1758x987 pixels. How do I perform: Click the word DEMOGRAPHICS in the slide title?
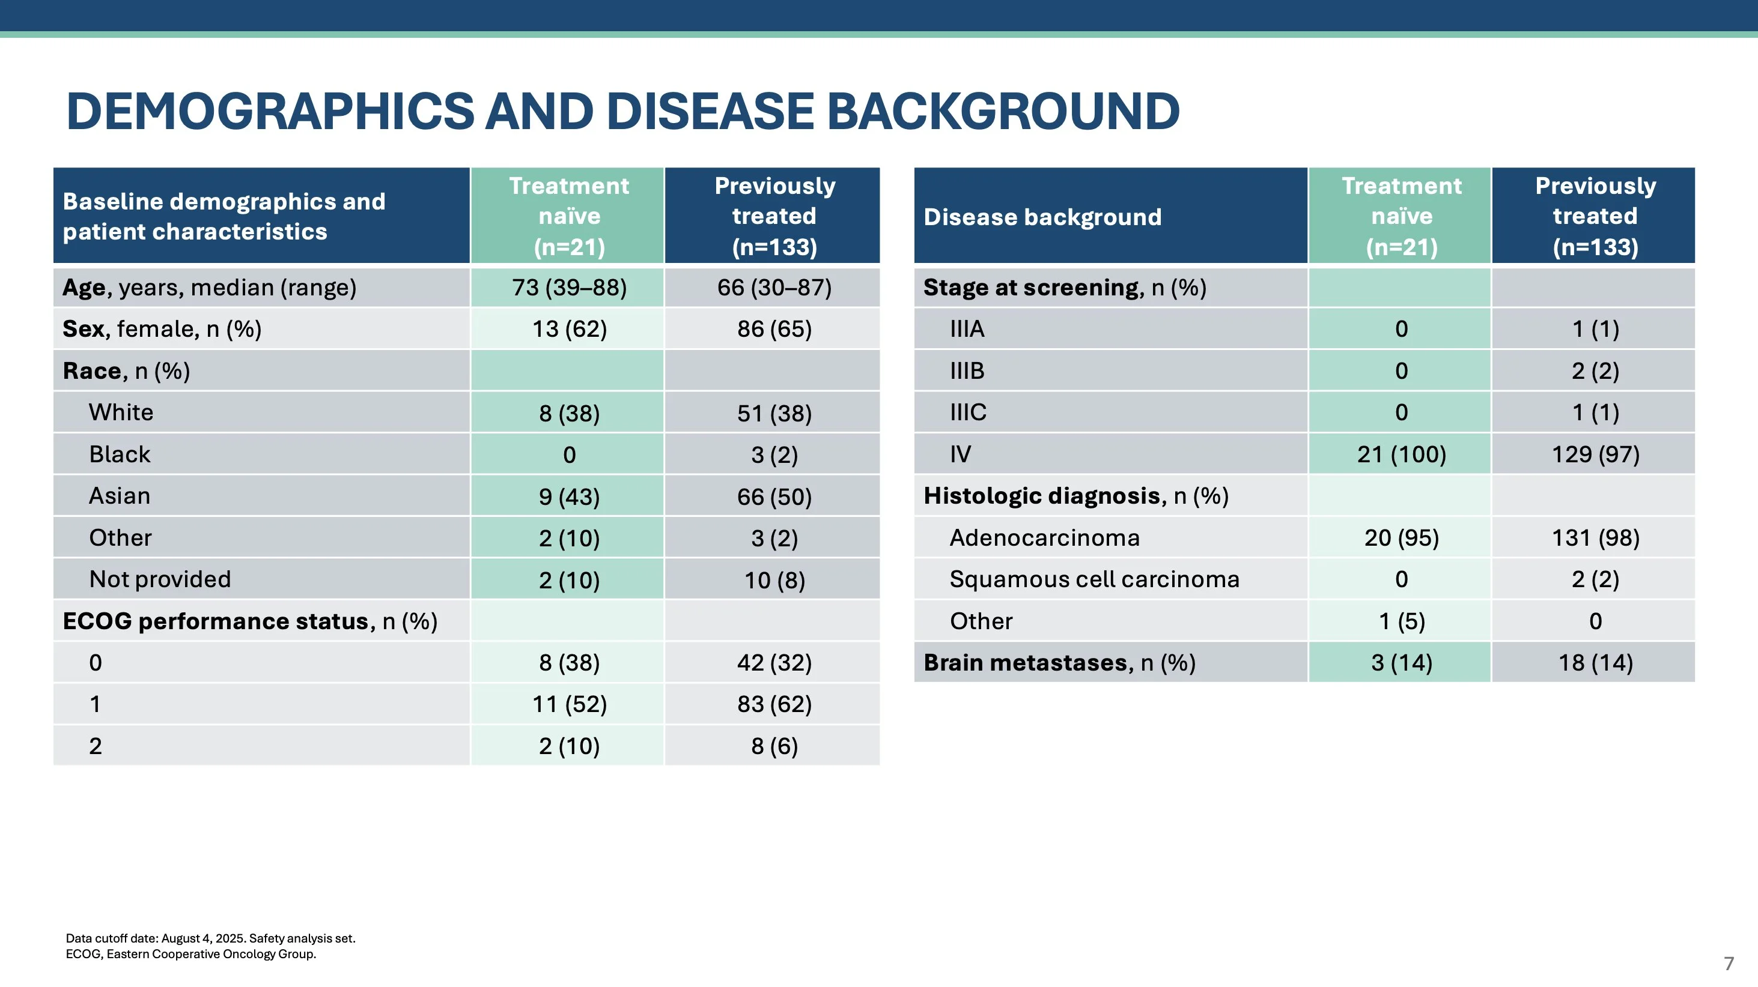pyautogui.click(x=270, y=112)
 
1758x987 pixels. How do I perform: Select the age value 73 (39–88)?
pyautogui.click(x=569, y=288)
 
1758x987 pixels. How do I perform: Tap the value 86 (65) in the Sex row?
pyautogui.click(x=774, y=330)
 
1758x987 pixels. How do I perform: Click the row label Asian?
pyautogui.click(x=120, y=496)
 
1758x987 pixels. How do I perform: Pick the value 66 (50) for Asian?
pyautogui.click(x=774, y=497)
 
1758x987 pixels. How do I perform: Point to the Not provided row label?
pyautogui.click(x=160, y=579)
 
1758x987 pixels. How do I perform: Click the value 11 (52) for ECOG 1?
pyautogui.click(x=569, y=704)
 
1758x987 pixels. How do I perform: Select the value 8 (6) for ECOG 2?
pyautogui.click(x=774, y=746)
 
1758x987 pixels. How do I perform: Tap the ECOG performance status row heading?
pyautogui.click(x=250, y=621)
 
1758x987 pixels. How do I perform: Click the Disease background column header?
pyautogui.click(x=1042, y=217)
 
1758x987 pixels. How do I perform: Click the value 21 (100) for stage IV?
pyautogui.click(x=1401, y=454)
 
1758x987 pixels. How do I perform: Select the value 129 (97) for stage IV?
pyautogui.click(x=1595, y=454)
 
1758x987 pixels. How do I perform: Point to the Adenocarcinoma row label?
pyautogui.click(x=1044, y=537)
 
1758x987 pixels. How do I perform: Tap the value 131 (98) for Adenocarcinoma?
pyautogui.click(x=1595, y=537)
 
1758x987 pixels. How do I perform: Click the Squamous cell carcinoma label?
pyautogui.click(x=1094, y=579)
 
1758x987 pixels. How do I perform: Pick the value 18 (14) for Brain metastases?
pyautogui.click(x=1595, y=662)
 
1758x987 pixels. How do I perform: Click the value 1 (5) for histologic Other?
pyautogui.click(x=1401, y=621)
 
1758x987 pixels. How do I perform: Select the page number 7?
pyautogui.click(x=1728, y=963)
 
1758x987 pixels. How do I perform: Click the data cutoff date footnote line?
pyautogui.click(x=210, y=938)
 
